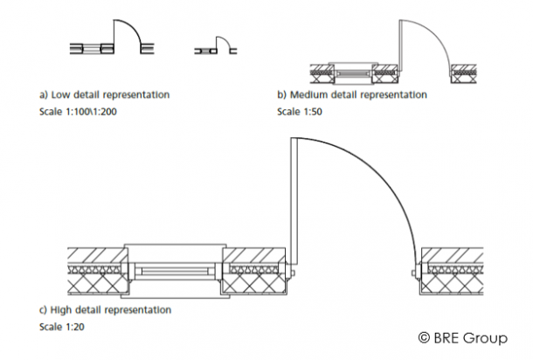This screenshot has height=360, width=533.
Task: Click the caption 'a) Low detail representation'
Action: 104,93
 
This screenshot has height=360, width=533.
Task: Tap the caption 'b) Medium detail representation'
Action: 351,94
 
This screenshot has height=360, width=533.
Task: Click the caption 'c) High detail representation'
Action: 105,310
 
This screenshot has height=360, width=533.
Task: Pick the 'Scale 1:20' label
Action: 61,328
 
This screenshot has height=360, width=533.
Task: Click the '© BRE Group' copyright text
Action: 463,336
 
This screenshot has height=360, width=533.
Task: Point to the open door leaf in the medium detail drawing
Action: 398,44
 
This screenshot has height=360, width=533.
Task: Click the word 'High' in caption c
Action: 62,310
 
